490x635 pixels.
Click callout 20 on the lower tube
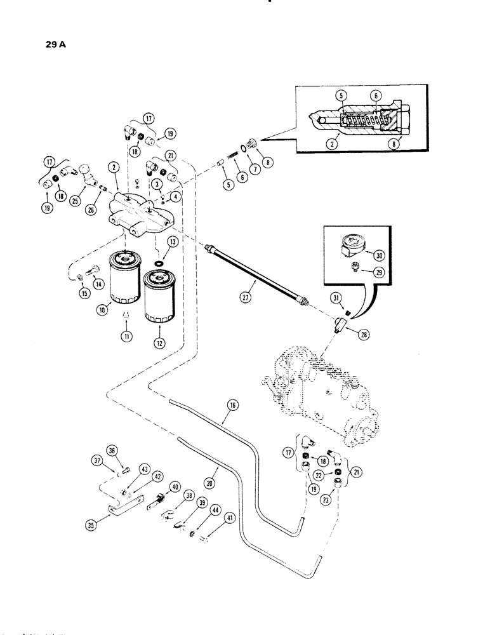(210, 483)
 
